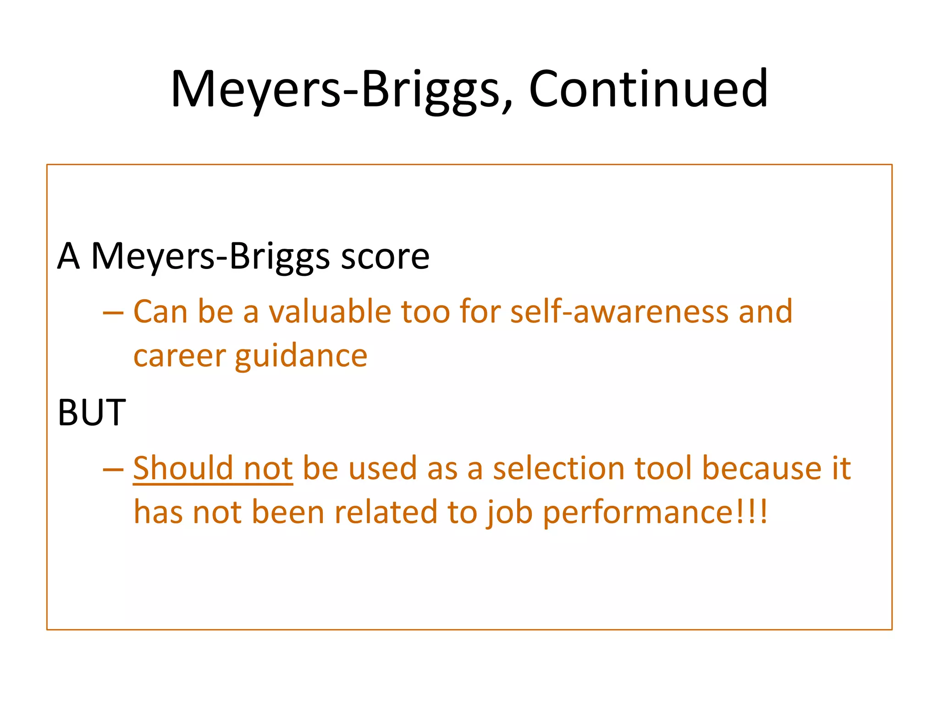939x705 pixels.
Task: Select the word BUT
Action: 91,412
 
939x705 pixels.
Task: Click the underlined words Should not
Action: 213,468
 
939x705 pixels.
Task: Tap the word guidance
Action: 301,356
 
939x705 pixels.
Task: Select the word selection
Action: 558,468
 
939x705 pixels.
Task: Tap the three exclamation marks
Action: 752,511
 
